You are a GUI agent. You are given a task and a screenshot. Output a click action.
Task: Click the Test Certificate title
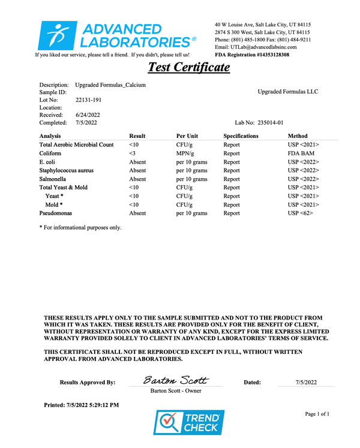(188, 67)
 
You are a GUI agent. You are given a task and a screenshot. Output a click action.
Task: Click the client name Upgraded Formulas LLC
(288, 92)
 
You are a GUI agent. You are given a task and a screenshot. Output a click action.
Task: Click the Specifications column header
(241, 136)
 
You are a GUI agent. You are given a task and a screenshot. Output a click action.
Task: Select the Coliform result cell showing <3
(133, 153)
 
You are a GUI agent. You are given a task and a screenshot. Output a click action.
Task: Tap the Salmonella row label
(53, 179)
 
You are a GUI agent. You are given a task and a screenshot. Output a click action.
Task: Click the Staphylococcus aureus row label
(66, 170)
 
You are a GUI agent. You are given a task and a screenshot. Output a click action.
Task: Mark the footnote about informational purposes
(80, 227)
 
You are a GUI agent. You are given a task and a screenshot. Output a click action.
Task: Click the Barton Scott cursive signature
(176, 381)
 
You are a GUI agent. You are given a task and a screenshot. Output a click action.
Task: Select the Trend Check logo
(190, 422)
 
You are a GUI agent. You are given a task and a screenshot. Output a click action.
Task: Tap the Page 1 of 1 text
(317, 414)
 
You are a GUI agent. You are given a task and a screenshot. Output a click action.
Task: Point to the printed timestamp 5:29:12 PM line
(82, 405)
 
